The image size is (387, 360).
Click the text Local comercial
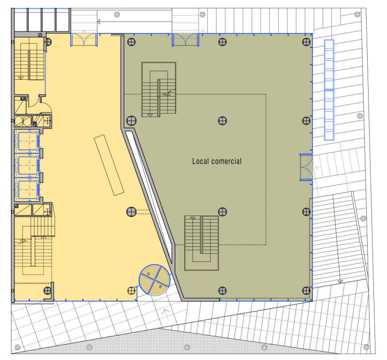[217, 161]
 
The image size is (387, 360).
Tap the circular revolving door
[155, 280]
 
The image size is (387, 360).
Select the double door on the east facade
[306, 167]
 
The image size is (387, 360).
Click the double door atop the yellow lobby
[84, 40]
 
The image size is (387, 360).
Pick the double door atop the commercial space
[185, 40]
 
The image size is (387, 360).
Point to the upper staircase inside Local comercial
[159, 89]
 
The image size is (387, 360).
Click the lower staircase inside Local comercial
[202, 243]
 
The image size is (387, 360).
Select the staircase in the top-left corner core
[29, 58]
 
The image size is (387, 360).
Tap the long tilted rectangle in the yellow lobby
[109, 165]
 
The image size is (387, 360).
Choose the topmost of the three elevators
[27, 141]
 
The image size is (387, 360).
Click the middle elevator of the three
[27, 166]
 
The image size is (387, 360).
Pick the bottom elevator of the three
[27, 189]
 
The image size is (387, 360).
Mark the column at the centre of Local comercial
[223, 121]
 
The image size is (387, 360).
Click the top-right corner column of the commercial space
[306, 42]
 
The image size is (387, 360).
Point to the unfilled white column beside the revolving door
[131, 291]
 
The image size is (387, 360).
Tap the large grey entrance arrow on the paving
[166, 314]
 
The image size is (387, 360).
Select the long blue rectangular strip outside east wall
[329, 90]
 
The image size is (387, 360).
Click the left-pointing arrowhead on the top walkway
[99, 22]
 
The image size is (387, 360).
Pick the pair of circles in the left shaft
[23, 121]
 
